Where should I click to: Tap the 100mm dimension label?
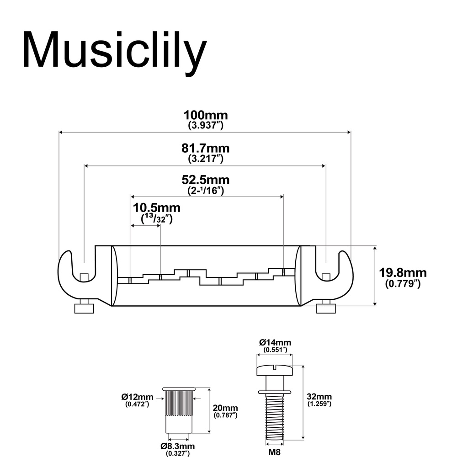(x=206, y=115)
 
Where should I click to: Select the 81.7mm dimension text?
(x=206, y=149)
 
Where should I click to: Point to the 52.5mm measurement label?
(x=206, y=180)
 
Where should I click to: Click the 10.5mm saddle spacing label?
(x=157, y=208)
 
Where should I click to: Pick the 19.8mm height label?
(x=403, y=273)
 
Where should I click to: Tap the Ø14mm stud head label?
(x=275, y=342)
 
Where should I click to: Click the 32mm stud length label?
(x=319, y=397)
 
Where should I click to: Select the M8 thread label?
(x=274, y=452)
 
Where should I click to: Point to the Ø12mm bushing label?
(x=137, y=397)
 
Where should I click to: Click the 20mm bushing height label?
(x=225, y=408)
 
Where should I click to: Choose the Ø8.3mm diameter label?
(x=178, y=446)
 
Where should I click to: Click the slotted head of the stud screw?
(x=275, y=370)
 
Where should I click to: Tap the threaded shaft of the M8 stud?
(x=275, y=416)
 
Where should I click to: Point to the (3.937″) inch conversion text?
(x=206, y=125)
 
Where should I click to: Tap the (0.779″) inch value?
(x=403, y=283)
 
